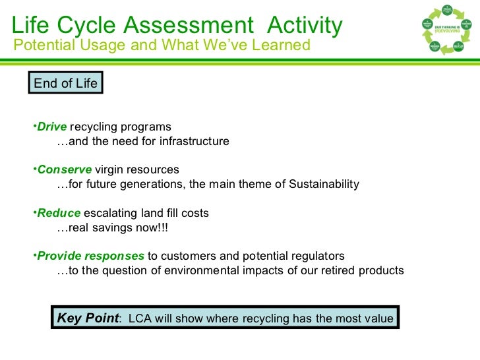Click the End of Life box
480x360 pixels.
point(65,83)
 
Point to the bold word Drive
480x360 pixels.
point(52,127)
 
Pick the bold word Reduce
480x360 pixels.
point(59,213)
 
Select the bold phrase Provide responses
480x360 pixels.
point(90,256)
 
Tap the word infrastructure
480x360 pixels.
point(195,141)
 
